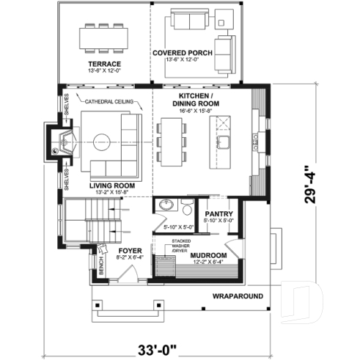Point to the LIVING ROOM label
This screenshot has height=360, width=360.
point(113,186)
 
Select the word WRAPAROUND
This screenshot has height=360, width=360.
point(238,297)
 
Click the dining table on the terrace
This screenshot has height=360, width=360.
point(102,36)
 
